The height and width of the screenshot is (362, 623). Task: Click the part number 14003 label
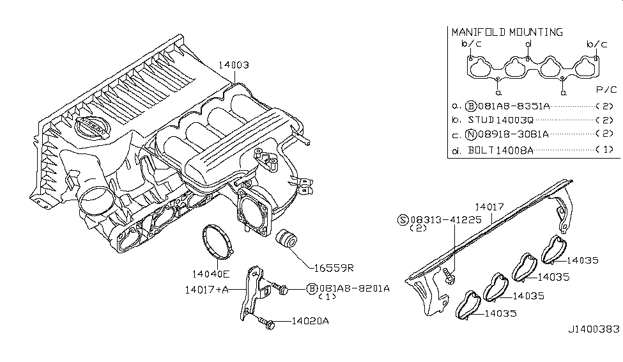pos(233,65)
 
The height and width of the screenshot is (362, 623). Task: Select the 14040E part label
pos(213,274)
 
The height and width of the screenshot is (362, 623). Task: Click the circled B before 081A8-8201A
pos(312,289)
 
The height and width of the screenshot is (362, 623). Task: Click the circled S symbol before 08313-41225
pos(403,219)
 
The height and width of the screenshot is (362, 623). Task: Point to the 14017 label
pos(489,207)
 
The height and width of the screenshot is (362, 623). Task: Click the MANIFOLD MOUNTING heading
pos(507,32)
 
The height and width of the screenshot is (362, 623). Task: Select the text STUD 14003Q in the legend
pos(500,120)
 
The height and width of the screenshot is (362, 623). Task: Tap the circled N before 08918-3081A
pos(471,135)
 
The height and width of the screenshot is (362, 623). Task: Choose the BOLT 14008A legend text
pos(500,150)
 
